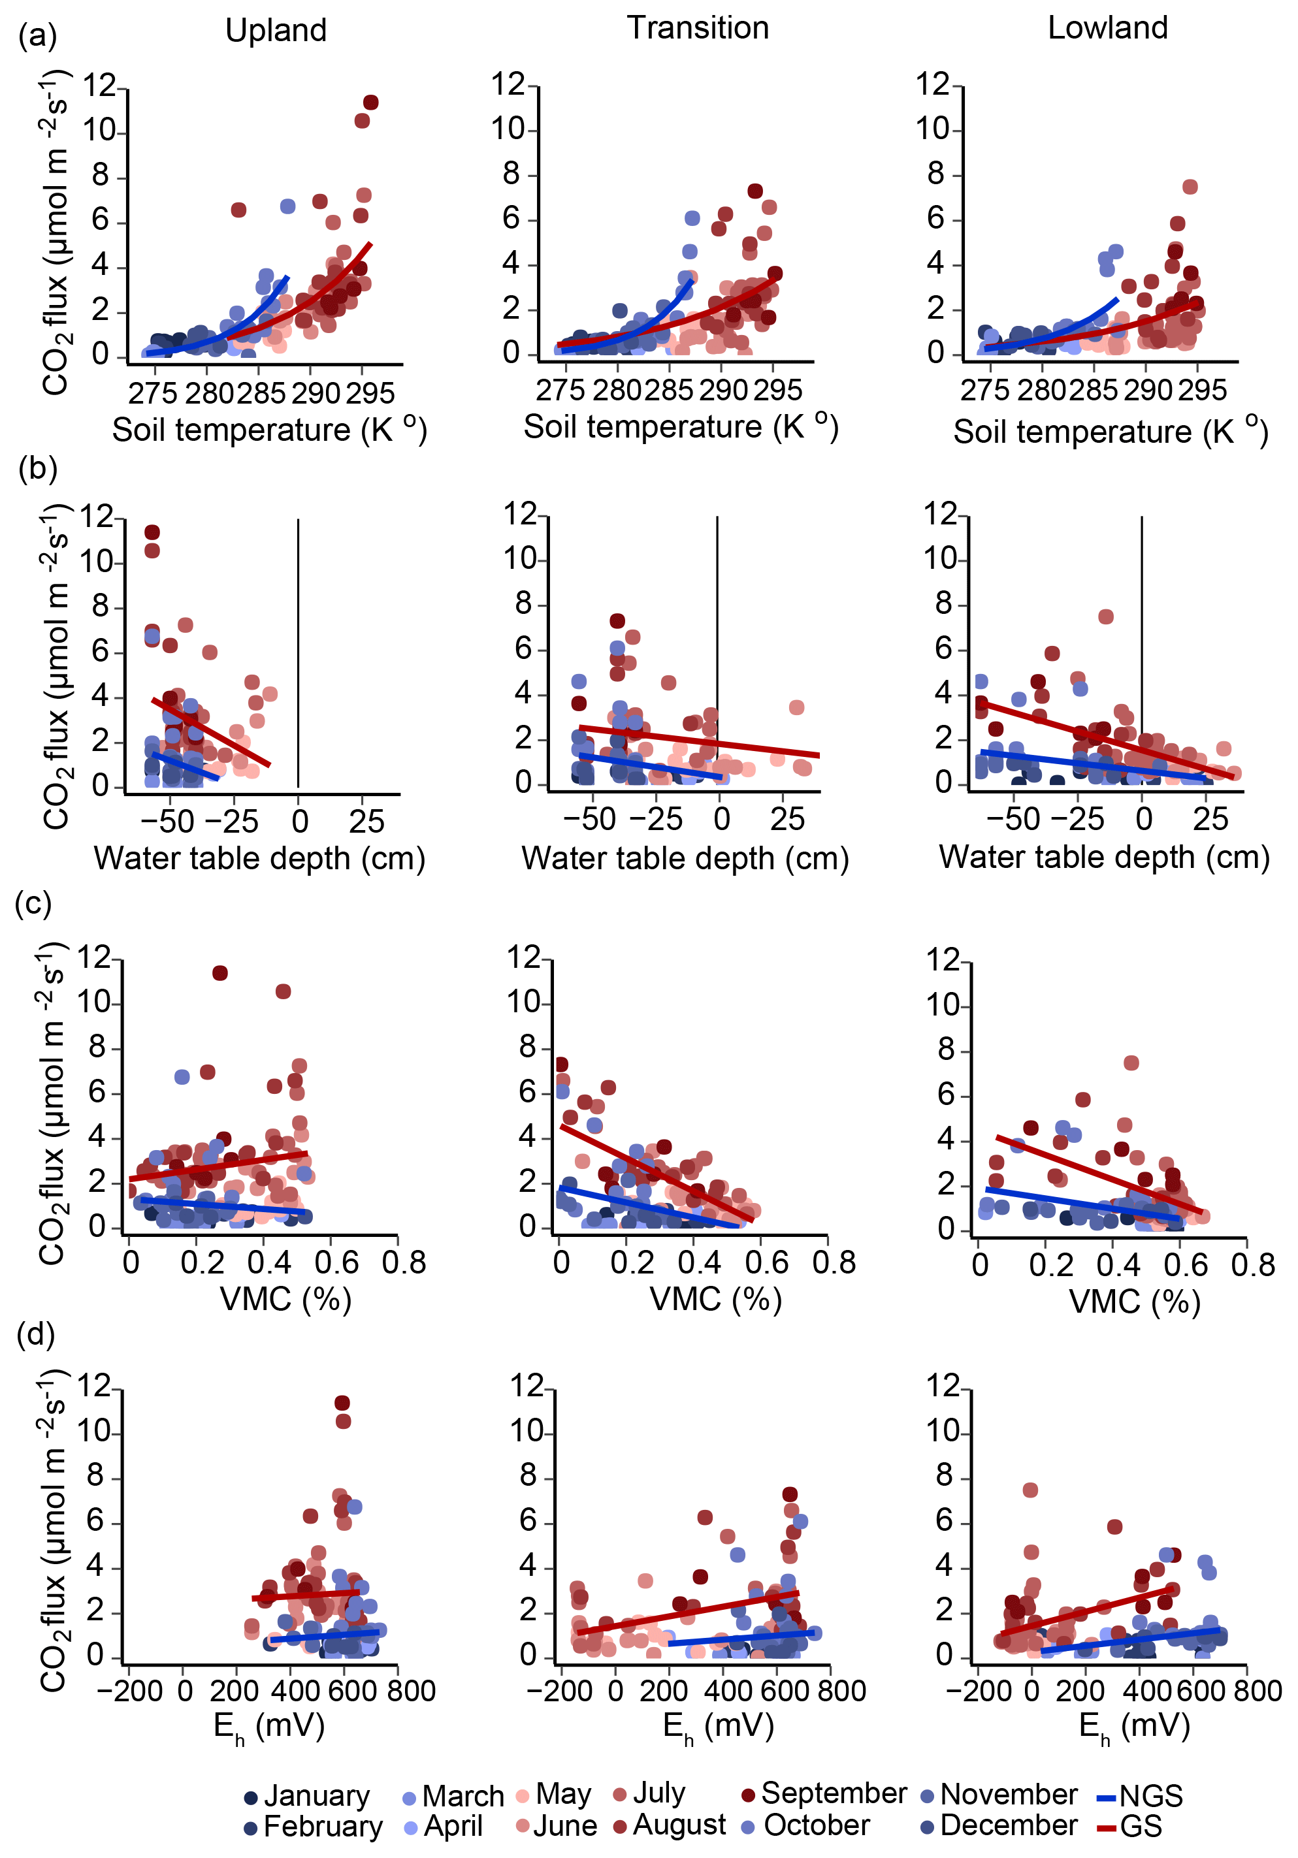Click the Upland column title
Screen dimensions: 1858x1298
276,31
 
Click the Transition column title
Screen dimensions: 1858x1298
698,28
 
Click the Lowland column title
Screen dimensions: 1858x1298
1107,28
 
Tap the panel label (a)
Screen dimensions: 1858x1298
37,36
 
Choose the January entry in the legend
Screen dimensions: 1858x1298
308,1796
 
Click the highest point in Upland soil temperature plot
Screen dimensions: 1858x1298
370,103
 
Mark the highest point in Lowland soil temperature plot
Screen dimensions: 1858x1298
1190,187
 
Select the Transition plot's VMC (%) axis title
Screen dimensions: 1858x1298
715,1299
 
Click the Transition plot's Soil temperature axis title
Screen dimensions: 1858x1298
681,426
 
